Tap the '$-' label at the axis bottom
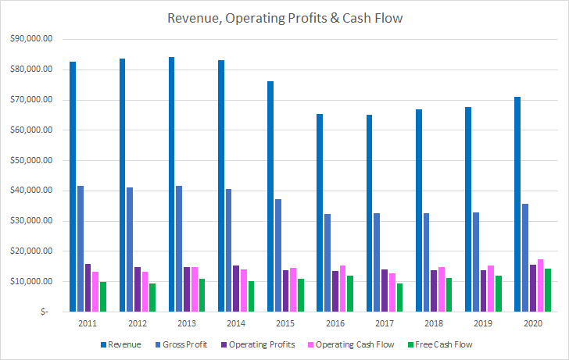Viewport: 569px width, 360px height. (x=48, y=312)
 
